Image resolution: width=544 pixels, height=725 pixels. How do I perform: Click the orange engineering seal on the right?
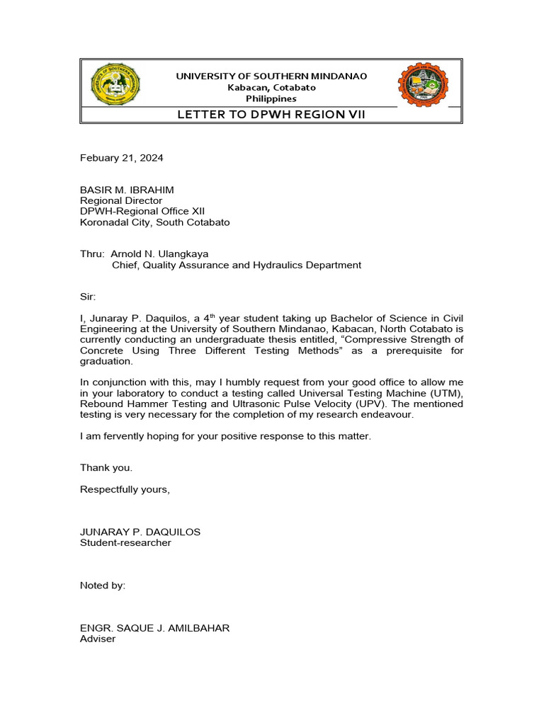click(423, 85)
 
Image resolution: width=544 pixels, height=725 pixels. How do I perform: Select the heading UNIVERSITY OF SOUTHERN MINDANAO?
click(271, 76)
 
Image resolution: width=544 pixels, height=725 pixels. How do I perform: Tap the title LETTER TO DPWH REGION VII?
click(271, 115)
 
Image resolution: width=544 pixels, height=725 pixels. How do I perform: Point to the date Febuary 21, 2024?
click(121, 158)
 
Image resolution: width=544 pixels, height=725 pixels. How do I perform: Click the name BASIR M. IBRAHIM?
click(125, 190)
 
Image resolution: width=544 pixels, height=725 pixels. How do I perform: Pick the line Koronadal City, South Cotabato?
click(154, 222)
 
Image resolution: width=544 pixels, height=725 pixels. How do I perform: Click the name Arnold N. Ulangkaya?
click(159, 253)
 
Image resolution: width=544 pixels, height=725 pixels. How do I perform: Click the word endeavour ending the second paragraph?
click(386, 414)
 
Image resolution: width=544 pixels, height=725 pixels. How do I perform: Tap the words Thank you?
click(106, 467)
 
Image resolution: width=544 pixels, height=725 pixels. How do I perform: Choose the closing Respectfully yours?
click(125, 489)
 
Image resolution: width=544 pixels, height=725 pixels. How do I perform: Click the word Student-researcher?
click(125, 542)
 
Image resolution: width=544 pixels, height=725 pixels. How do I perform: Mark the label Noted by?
click(103, 586)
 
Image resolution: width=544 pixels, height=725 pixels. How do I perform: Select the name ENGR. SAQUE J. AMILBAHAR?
click(154, 628)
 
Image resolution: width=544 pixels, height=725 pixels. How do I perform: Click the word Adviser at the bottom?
click(98, 639)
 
